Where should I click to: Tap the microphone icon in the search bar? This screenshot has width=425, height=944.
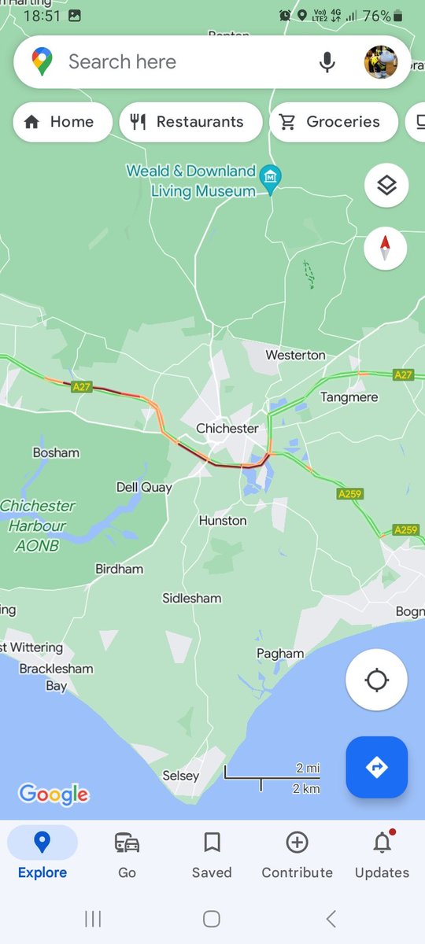pos(327,62)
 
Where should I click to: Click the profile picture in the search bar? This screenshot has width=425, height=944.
pos(381,62)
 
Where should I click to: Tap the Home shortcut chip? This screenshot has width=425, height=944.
pos(61,122)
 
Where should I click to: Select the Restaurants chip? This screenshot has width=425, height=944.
pos(190,122)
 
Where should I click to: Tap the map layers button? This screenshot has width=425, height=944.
pos(386,186)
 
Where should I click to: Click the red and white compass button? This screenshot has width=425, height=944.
pos(386,249)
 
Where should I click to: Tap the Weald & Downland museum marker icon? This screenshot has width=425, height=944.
pos(272,175)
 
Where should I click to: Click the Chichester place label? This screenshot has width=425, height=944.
pos(227,429)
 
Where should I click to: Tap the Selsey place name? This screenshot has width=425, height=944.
pos(181,776)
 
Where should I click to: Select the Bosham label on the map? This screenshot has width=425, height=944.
pos(56,453)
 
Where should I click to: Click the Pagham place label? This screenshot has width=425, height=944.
pos(280,654)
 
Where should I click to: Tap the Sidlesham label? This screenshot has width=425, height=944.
pos(192,598)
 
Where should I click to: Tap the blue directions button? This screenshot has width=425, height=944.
pos(376,767)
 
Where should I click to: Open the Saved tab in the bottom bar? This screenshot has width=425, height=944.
pos(212,854)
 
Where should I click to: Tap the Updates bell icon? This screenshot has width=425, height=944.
pos(382,843)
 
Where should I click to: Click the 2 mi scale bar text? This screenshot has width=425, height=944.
pos(309,768)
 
